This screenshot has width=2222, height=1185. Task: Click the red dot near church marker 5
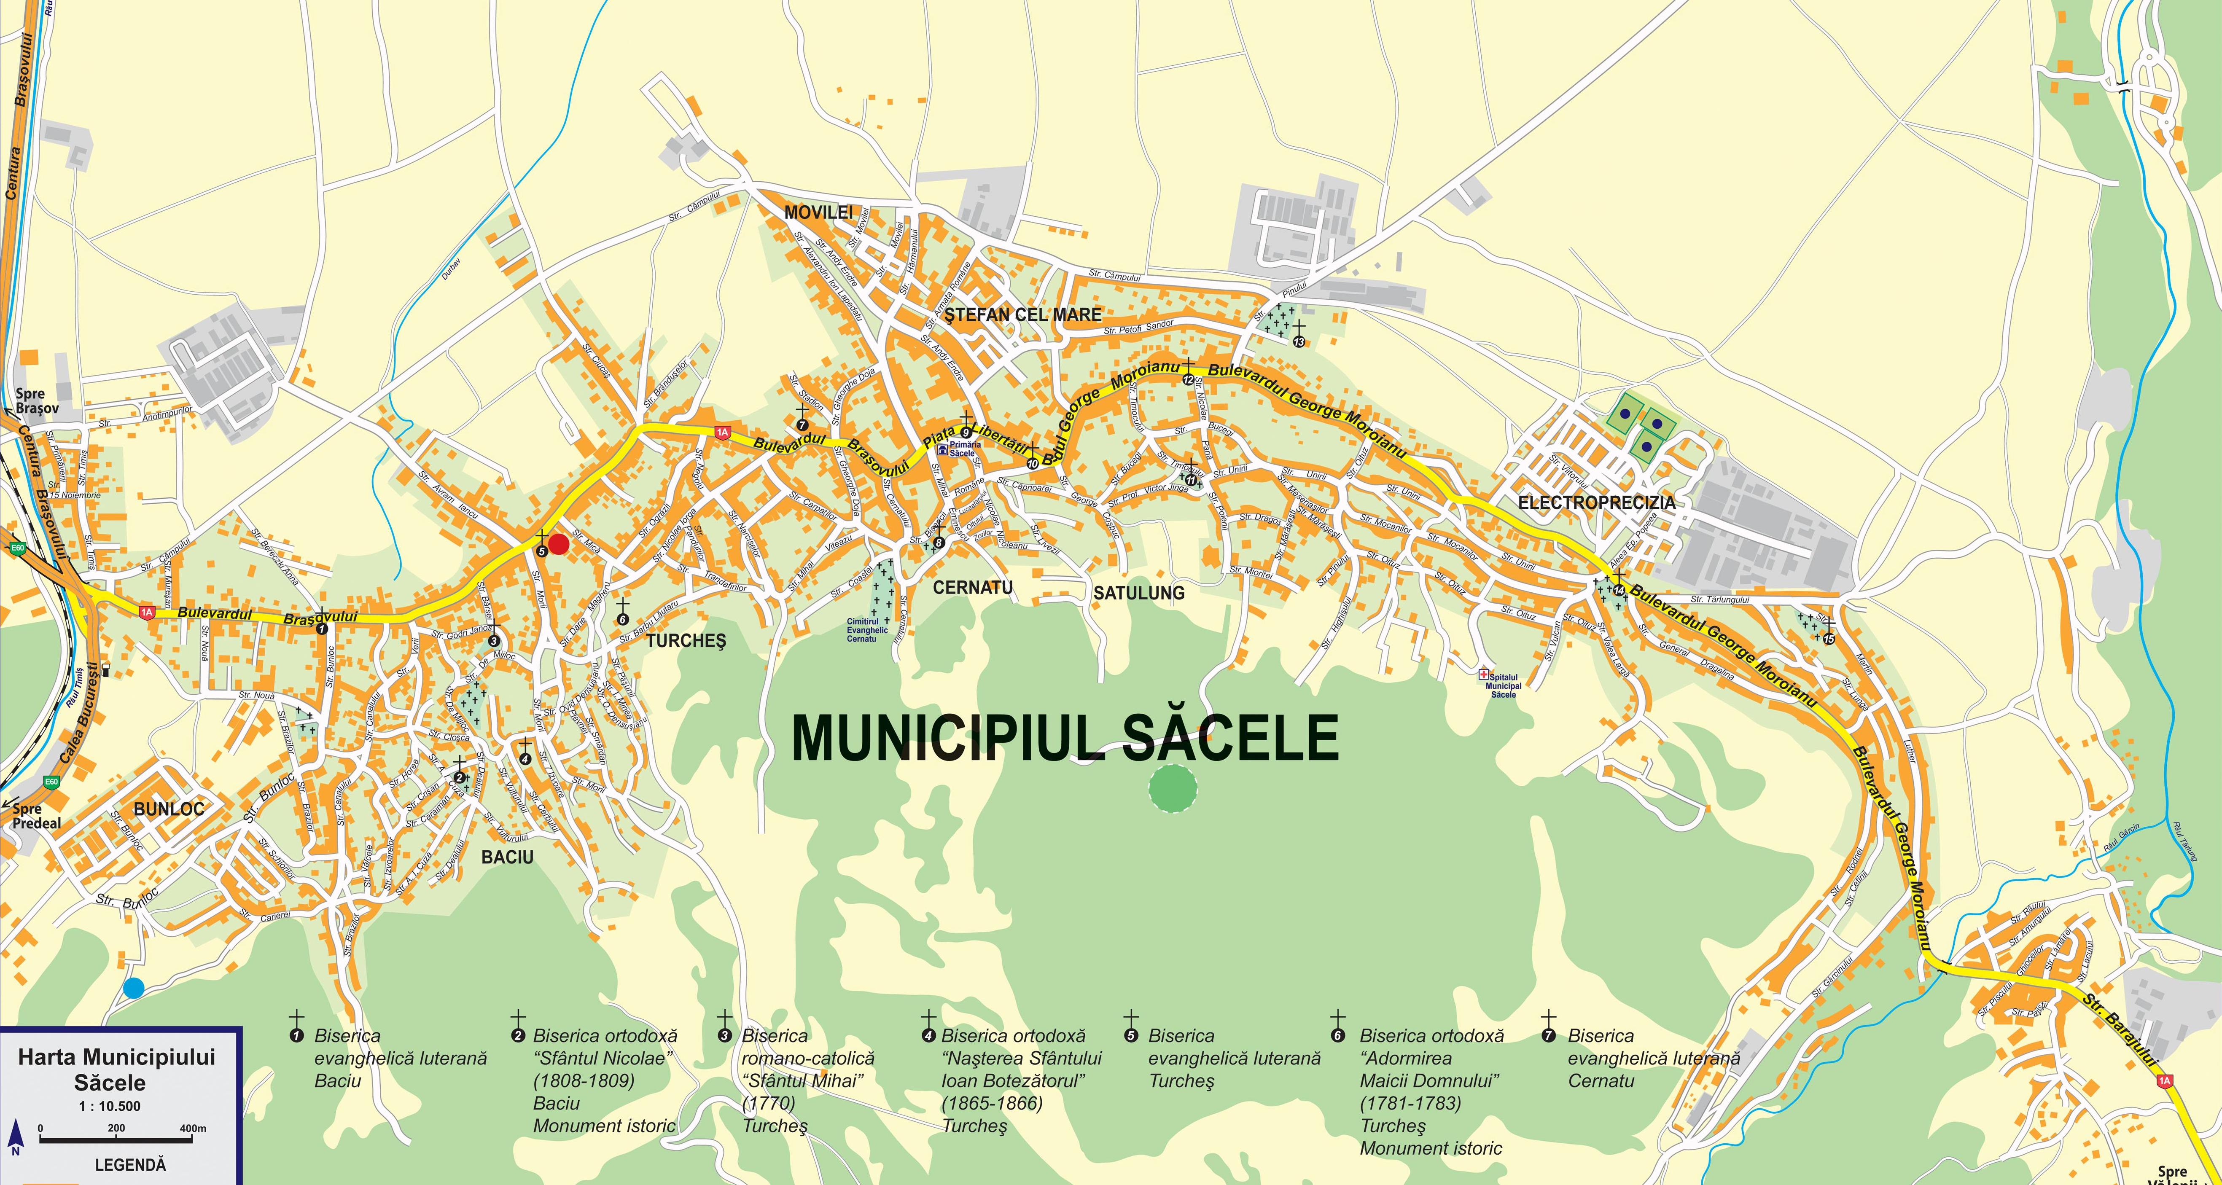tap(559, 544)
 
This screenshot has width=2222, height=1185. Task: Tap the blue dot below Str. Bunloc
tap(133, 989)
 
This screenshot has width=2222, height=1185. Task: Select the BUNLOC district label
tap(169, 809)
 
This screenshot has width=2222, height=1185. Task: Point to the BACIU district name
tap(507, 857)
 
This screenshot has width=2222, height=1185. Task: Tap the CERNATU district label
tap(973, 587)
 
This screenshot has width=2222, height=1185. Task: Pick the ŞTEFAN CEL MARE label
tap(1023, 315)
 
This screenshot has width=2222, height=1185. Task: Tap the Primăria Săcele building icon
tap(943, 449)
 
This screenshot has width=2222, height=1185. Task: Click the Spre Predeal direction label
tap(36, 816)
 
